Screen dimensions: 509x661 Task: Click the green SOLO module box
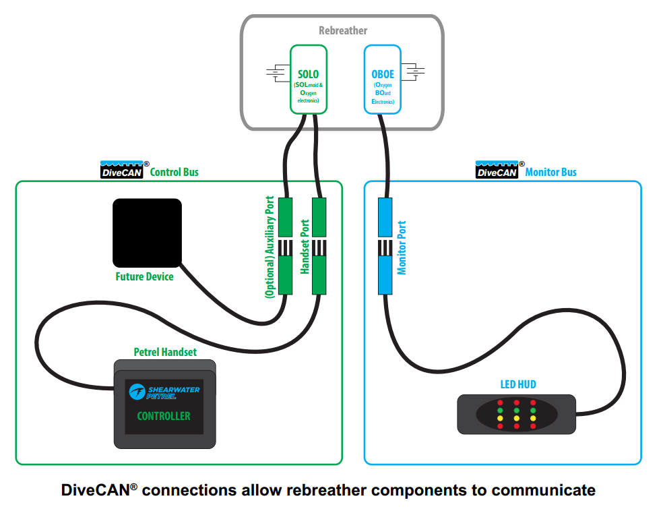click(x=308, y=79)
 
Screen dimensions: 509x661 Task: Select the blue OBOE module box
click(x=382, y=79)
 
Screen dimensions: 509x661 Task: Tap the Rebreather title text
click(x=343, y=30)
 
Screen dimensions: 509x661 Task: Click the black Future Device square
click(x=147, y=232)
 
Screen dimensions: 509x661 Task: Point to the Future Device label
click(x=144, y=276)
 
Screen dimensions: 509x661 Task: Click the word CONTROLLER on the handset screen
click(x=164, y=416)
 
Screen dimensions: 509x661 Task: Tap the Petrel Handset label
click(x=165, y=352)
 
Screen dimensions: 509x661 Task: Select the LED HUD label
click(x=517, y=384)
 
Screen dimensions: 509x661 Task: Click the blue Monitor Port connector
click(x=384, y=246)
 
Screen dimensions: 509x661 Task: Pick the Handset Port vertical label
click(x=305, y=246)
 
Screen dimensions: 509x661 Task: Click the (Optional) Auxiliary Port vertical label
click(x=270, y=247)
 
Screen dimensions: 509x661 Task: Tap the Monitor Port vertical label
click(x=402, y=247)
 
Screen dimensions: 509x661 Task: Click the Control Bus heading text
click(x=174, y=172)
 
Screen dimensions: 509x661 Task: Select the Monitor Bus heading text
click(x=550, y=172)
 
